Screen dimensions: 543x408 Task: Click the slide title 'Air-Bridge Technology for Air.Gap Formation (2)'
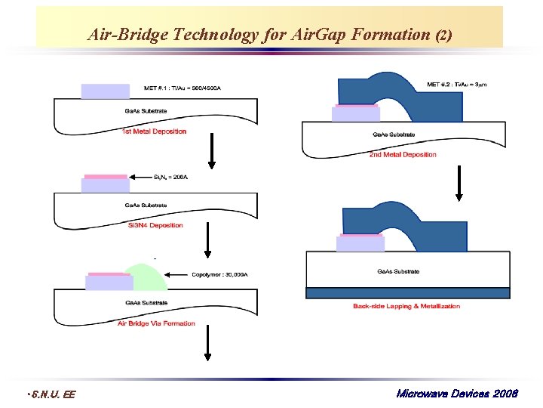(269, 35)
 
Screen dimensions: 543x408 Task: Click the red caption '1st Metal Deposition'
(154, 131)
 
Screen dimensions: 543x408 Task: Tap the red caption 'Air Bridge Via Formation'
(156, 323)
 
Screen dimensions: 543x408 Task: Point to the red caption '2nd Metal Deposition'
(403, 155)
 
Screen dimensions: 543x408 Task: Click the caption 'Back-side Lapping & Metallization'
(406, 306)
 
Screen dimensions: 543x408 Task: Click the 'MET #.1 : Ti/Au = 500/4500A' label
(181, 88)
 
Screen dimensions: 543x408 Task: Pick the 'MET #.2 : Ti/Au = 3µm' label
(456, 84)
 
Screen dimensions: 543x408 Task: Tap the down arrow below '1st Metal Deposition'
(212, 155)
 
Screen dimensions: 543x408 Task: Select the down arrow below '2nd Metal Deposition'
(458, 185)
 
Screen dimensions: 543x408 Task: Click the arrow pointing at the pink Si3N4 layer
(142, 177)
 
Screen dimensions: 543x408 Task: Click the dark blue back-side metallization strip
(407, 293)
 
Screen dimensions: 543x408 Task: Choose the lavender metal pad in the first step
(105, 91)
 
